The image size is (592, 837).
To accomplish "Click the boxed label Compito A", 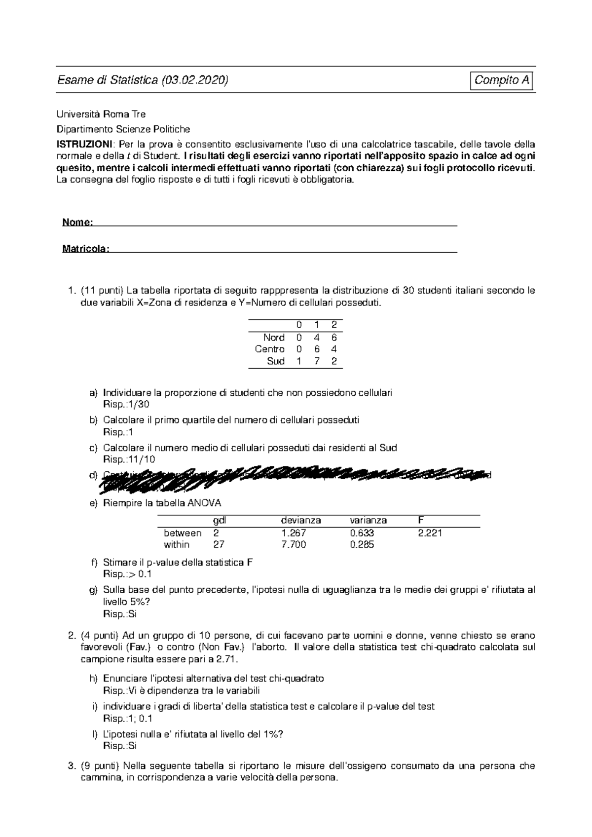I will click(502, 80).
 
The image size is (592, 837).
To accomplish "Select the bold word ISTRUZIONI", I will click(84, 144).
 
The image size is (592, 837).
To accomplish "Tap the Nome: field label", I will click(77, 222).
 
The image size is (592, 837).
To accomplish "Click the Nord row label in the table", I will click(274, 338).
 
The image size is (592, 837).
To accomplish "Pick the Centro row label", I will click(269, 349).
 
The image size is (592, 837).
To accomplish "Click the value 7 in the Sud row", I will click(316, 361).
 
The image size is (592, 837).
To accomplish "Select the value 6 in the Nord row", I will click(334, 338).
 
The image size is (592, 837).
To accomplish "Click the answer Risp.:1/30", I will click(126, 405).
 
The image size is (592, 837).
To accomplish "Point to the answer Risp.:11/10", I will click(129, 459).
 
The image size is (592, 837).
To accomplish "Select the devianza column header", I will click(301, 520).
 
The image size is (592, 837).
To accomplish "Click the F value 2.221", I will click(430, 533).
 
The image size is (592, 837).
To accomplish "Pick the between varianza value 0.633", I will click(362, 533).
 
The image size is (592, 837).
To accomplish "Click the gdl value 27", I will click(219, 545).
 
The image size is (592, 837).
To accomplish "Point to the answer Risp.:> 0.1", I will click(127, 574).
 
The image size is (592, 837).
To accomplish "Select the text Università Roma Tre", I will click(101, 114).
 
